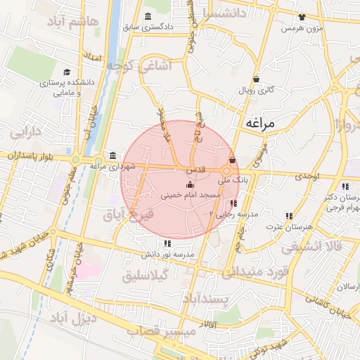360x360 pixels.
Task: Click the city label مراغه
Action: coord(264,123)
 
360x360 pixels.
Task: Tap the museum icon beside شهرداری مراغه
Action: coord(112,155)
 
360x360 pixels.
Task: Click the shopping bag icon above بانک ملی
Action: coord(232,160)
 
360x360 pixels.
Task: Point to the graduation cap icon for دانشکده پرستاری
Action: coord(67,72)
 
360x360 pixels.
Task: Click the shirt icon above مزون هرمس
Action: coord(302,17)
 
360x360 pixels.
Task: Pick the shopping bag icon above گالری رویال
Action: coord(255,79)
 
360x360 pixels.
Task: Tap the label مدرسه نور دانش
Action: coord(167,254)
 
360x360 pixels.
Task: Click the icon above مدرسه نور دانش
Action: coord(167,243)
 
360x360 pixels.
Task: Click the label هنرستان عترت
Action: coord(289,227)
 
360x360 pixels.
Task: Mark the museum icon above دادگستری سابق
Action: coord(147,17)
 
